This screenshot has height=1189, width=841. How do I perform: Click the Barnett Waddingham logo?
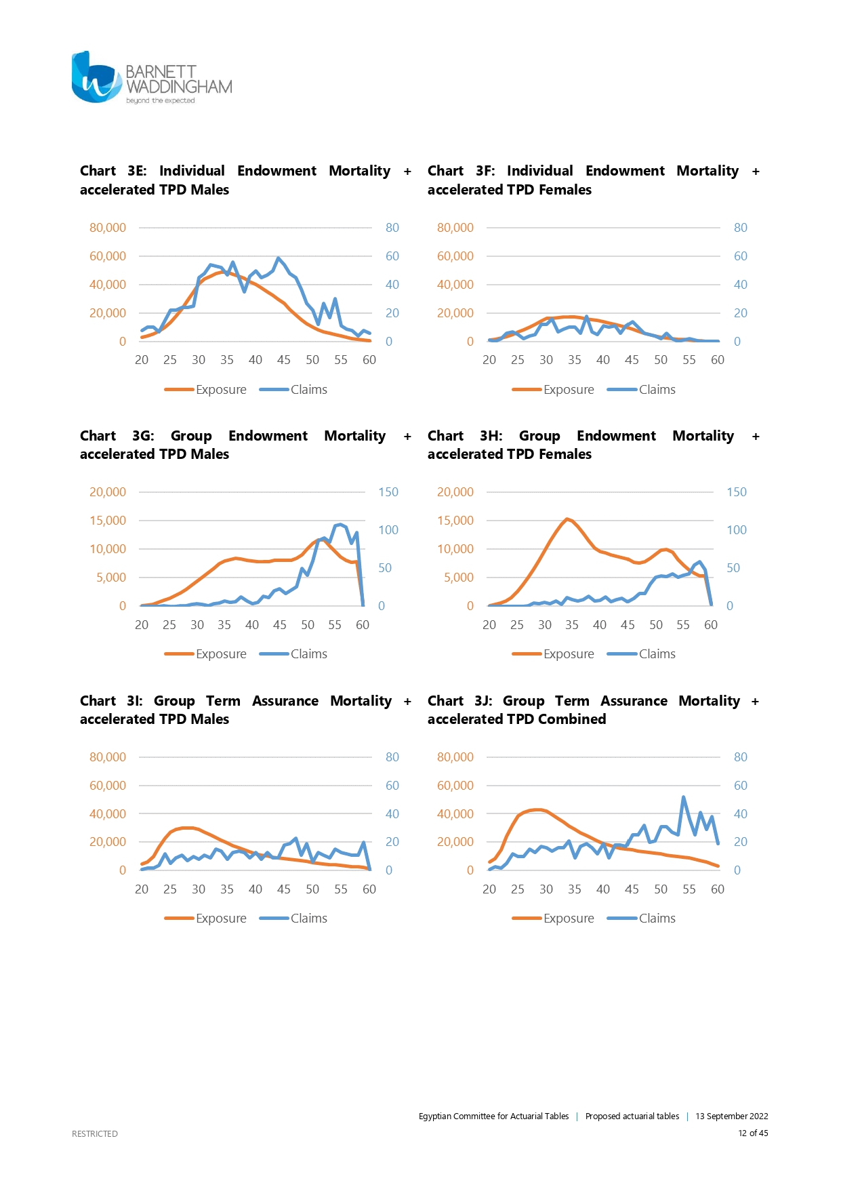tap(151, 78)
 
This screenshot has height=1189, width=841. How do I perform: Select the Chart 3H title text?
tap(593, 445)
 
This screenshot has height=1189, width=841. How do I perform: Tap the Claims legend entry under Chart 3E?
tap(294, 390)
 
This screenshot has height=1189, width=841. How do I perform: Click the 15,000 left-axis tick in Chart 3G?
tap(108, 521)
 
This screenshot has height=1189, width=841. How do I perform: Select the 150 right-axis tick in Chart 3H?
tap(736, 492)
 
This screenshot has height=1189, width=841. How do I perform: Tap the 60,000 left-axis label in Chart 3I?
tap(108, 786)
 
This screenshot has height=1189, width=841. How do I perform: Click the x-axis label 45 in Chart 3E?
tap(283, 360)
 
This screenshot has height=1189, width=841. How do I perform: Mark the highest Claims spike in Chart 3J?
tap(683, 798)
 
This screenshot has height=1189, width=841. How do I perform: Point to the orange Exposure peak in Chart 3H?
tap(567, 519)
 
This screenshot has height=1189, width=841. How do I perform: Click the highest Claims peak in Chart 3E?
tap(278, 258)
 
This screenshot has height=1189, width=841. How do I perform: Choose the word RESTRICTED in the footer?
tap(95, 1133)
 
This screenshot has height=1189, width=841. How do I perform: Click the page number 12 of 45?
tap(753, 1133)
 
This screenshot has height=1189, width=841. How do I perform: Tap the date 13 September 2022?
tap(731, 1116)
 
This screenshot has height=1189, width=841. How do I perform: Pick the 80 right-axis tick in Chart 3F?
tap(740, 228)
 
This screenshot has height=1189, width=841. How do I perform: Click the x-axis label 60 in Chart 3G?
tap(363, 625)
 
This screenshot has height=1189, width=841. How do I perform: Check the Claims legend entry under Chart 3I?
tap(294, 919)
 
